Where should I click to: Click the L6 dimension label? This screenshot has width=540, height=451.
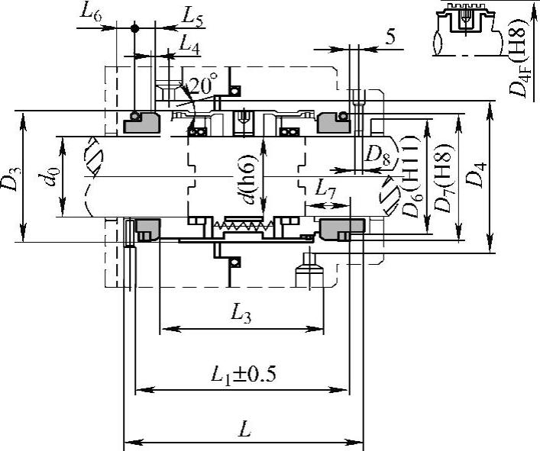(x=91, y=13)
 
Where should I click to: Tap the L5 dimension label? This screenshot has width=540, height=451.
(x=192, y=18)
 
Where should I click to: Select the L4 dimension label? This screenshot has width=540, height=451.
(x=189, y=45)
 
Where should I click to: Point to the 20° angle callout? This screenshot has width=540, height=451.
(x=203, y=84)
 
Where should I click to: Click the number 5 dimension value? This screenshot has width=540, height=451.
(x=390, y=37)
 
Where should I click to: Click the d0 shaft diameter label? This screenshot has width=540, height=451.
(x=49, y=177)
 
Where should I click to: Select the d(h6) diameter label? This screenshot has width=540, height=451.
(x=247, y=179)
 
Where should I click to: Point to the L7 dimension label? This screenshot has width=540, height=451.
(x=325, y=189)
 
